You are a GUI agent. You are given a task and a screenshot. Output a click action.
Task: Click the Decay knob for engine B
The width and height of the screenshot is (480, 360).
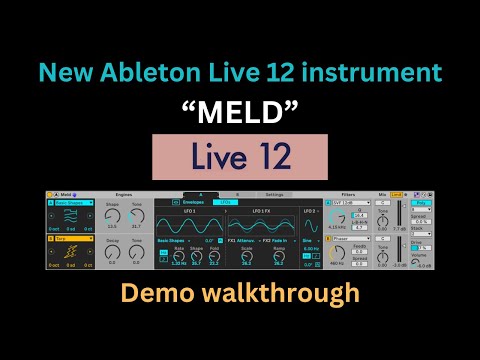[x=112, y=251]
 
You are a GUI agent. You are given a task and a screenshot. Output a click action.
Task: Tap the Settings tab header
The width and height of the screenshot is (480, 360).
[x=273, y=193]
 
